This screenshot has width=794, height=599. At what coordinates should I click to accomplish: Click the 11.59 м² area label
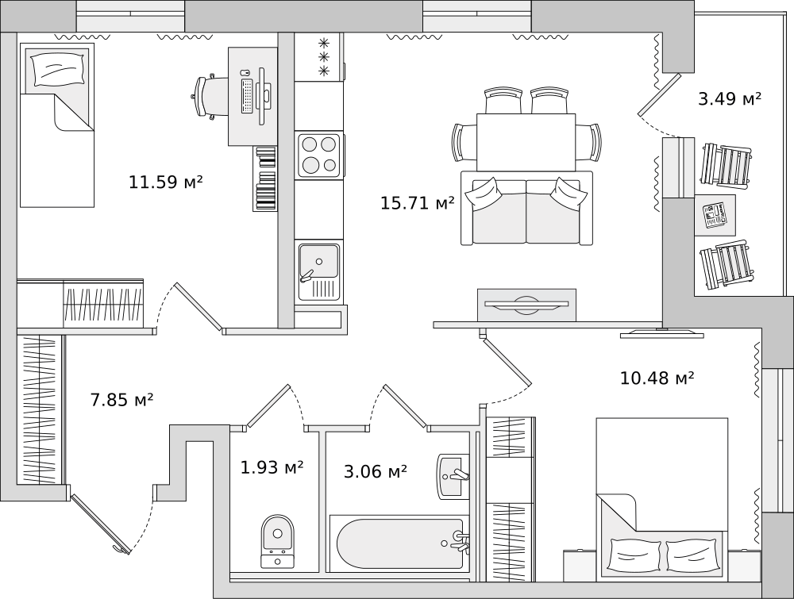[x=166, y=182]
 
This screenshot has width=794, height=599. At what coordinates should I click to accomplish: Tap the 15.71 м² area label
[x=418, y=203]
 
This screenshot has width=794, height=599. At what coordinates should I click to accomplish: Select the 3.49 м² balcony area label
[x=730, y=98]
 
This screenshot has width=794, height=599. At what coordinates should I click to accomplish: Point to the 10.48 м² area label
[x=657, y=378]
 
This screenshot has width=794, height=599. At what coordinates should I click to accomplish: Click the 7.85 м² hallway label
[x=121, y=400]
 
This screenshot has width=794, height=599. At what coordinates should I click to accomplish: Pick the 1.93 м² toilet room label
[x=272, y=467]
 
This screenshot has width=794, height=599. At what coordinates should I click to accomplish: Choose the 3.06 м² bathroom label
[x=376, y=472]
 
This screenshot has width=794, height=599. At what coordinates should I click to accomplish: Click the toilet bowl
[x=277, y=541]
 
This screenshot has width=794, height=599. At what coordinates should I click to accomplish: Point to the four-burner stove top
[x=318, y=156]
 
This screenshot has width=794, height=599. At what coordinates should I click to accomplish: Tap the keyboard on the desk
[x=248, y=96]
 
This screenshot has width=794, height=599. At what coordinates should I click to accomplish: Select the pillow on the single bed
[x=57, y=68]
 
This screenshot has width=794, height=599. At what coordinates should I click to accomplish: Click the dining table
[x=526, y=142]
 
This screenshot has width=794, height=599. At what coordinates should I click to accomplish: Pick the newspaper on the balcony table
[x=715, y=215]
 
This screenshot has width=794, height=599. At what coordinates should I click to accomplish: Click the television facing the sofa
[x=526, y=304]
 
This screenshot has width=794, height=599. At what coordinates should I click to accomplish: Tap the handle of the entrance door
[x=120, y=550]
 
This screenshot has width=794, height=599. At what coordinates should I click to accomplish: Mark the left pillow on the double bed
[x=635, y=555]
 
